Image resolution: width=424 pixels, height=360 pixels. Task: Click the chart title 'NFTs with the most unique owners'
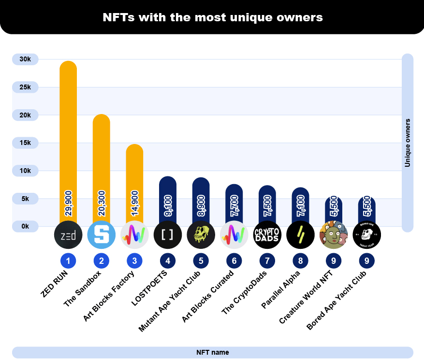click(x=212, y=18)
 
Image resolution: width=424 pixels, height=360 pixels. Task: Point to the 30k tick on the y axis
click(x=25, y=59)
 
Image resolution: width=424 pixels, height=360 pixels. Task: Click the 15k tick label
click(x=25, y=143)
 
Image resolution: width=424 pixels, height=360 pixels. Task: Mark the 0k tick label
click(x=25, y=226)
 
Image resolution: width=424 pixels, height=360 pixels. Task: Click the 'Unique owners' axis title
click(x=408, y=143)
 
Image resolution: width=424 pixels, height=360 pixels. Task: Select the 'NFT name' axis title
click(x=213, y=352)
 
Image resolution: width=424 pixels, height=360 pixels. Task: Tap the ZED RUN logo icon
click(x=68, y=235)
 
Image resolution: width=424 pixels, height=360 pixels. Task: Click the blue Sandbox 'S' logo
click(x=102, y=235)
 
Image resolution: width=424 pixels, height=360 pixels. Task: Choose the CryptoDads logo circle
click(x=267, y=235)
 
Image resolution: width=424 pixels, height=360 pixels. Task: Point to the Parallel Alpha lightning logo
click(x=300, y=235)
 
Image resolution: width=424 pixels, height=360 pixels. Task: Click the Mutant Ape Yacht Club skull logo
click(x=201, y=235)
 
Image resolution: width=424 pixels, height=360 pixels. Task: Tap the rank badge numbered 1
click(x=68, y=261)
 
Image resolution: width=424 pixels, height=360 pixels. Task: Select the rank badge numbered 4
click(x=167, y=261)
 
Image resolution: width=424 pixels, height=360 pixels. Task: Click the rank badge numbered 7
click(x=267, y=261)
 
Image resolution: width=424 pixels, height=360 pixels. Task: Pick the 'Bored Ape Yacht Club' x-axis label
click(x=338, y=301)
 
